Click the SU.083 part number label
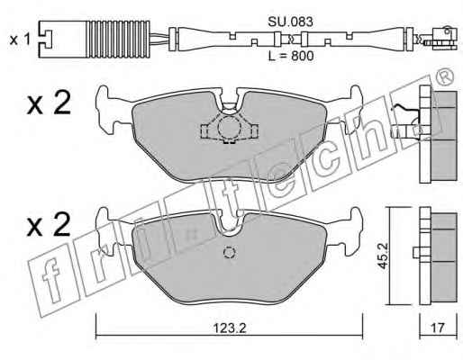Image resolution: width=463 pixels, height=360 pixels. tap(290, 22)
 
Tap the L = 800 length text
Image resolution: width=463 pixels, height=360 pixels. tap(291, 56)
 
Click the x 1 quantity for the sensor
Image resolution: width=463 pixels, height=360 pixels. tap(20, 40)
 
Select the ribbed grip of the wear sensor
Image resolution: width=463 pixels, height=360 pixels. tap(120, 40)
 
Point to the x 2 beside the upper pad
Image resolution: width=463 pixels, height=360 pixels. tap(49, 103)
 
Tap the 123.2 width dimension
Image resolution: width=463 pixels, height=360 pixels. tap(230, 328)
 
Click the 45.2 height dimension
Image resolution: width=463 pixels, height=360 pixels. tap(384, 256)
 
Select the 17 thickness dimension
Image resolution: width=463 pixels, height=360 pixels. tap(438, 328)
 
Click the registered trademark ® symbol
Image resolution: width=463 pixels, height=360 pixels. tap(445, 77)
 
